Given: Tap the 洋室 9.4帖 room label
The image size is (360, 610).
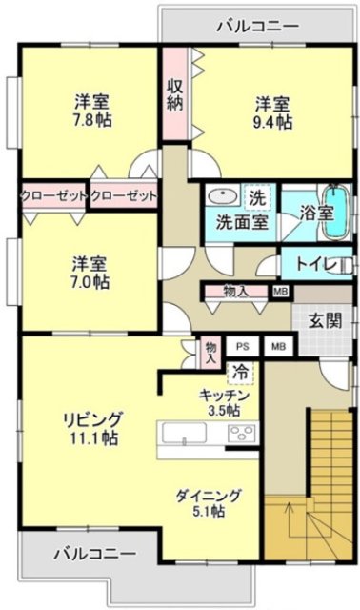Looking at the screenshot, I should pos(272,112).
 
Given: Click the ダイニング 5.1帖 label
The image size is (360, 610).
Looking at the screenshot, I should pos(208,502).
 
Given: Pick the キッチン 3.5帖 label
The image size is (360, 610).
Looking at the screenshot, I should pos(225,401).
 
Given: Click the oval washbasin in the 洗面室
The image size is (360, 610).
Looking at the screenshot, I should pos(222,198).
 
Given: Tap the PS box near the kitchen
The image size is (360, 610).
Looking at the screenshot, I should pos(242,348).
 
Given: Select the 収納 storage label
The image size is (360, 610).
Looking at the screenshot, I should pos(175,96).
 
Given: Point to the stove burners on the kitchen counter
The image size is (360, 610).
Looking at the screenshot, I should pos(239,435).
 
